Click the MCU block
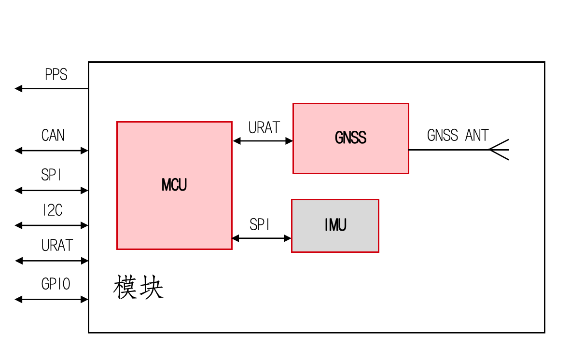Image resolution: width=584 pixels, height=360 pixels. [174, 185]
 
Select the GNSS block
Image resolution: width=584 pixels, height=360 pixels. [350, 138]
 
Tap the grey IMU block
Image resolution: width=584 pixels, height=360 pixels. [335, 225]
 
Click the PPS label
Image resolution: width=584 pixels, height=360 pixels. [56, 75]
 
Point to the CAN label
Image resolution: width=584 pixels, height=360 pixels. [53, 136]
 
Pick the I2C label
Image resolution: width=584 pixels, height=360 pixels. [52, 210]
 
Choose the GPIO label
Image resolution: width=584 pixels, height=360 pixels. [56, 284]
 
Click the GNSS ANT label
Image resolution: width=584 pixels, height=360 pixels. [458, 136]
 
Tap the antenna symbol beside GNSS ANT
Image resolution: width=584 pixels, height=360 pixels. [499, 150]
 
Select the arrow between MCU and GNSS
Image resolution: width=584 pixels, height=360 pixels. [263, 141]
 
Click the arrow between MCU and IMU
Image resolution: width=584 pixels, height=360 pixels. [262, 238]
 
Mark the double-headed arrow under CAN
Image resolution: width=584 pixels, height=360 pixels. [52, 151]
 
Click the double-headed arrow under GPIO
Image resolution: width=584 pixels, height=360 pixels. [52, 299]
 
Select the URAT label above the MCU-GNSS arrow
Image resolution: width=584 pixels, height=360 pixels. [264, 127]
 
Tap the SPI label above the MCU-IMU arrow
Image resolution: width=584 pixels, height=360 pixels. [260, 225]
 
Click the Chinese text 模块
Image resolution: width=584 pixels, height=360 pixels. [139, 288]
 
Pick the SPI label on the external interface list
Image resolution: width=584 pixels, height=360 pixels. [52, 175]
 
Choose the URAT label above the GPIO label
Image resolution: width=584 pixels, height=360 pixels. [57, 246]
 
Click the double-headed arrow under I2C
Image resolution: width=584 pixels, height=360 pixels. [52, 225]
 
